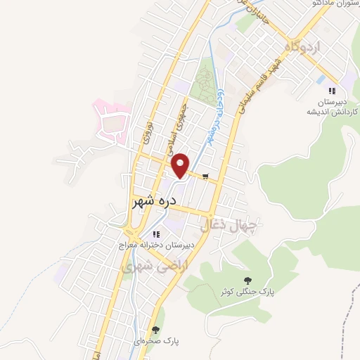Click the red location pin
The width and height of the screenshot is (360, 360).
point(181,165)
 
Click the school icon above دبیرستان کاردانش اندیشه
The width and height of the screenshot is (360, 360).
point(333,90)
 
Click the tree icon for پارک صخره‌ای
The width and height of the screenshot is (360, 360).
point(156,328)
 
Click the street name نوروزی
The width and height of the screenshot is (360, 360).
point(148,131)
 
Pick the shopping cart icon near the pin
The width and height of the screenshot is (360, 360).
point(205,176)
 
